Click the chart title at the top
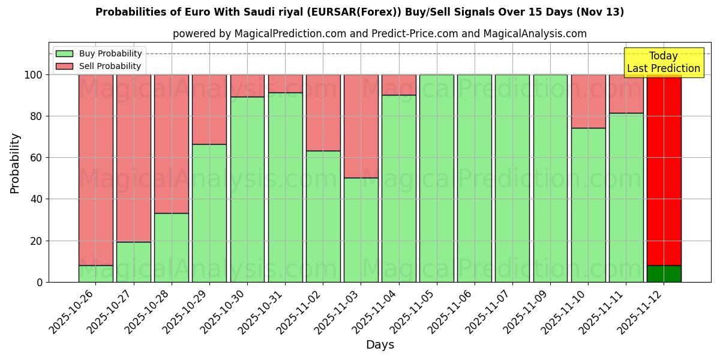click(359, 12)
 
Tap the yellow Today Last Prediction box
click(663, 62)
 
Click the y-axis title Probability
click(15, 163)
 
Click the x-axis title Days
click(380, 345)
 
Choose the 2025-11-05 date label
click(415, 310)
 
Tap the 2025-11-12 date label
click(642, 310)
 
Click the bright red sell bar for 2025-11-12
click(664, 168)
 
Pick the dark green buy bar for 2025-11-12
click(664, 274)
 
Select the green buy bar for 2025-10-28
click(172, 247)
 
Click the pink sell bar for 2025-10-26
click(96, 168)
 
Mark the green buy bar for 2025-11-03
click(361, 230)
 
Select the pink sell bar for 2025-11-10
click(588, 101)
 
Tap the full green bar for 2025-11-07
click(512, 178)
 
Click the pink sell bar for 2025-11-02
click(323, 112)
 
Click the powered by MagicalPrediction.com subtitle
click(379, 34)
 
